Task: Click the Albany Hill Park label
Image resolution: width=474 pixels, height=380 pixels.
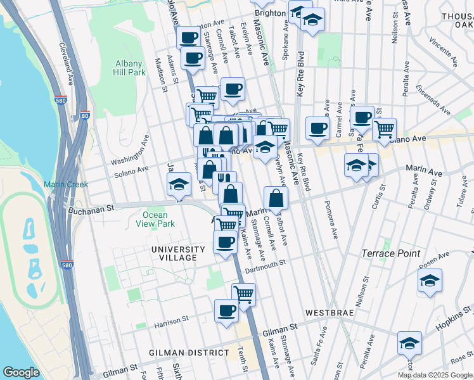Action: pyautogui.click(x=131, y=68)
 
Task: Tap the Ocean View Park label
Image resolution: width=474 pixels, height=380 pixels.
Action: pyautogui.click(x=155, y=219)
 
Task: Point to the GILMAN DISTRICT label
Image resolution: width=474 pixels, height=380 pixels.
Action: pyautogui.click(x=189, y=352)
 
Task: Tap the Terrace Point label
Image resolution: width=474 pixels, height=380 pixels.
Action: pyautogui.click(x=390, y=253)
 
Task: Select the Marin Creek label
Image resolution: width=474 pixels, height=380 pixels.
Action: pyautogui.click(x=62, y=184)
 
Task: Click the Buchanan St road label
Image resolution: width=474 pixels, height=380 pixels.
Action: pyautogui.click(x=91, y=208)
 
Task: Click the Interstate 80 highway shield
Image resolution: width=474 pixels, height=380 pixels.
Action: pyautogui.click(x=85, y=115)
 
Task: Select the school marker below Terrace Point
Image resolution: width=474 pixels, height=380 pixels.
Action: pyautogui.click(x=430, y=281)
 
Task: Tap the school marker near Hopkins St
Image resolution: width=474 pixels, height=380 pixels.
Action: pyautogui.click(x=409, y=343)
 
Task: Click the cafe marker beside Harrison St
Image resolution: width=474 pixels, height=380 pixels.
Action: pyautogui.click(x=226, y=310)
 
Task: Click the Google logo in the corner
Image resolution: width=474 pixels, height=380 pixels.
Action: pyautogui.click(x=21, y=372)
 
